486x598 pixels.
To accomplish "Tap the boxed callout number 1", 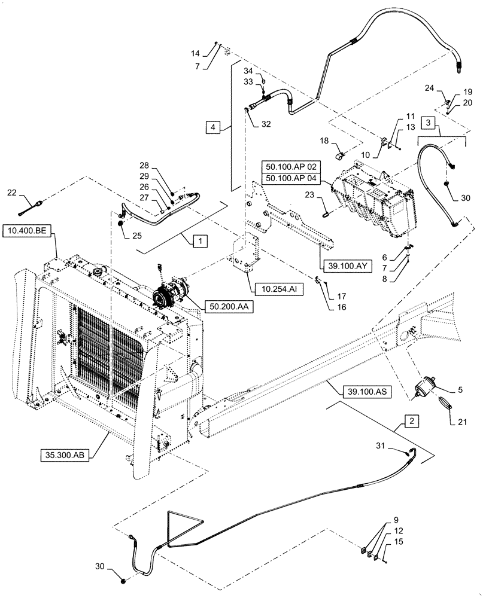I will (x=199, y=240).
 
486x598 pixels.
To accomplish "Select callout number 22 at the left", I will (x=12, y=193).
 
